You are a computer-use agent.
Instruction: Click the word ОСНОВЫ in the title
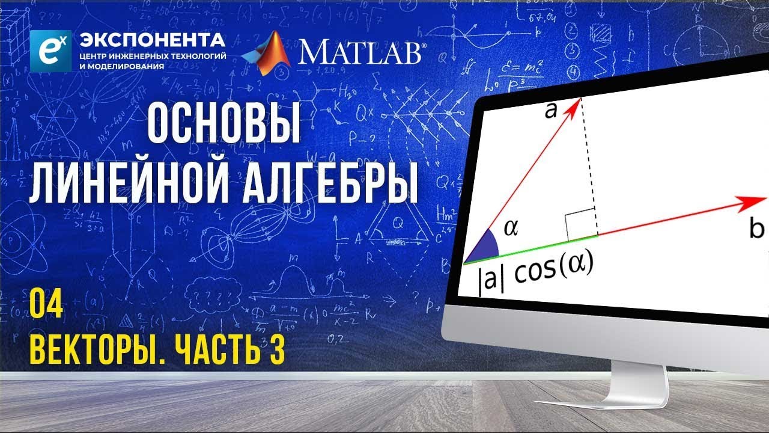[x=224, y=124]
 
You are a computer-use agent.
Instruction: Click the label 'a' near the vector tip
[x=551, y=111]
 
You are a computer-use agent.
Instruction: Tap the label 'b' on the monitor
[x=757, y=229]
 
